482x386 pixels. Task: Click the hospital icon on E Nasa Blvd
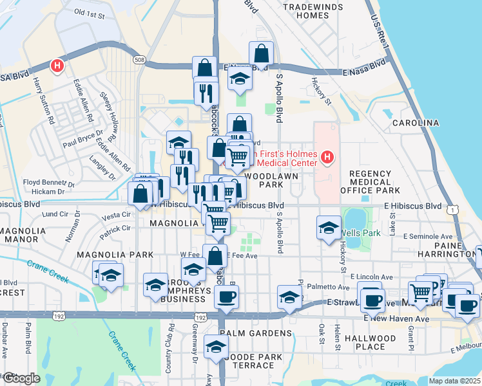58,65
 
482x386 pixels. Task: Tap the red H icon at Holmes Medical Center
328,157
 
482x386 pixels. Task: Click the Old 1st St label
89,12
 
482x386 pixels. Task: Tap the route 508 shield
140,60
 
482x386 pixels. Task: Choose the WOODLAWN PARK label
262,179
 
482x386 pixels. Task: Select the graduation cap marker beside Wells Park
329,228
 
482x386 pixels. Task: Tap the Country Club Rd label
171,349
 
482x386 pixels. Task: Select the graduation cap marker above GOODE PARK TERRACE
216,347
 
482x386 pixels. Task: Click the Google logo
21,378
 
